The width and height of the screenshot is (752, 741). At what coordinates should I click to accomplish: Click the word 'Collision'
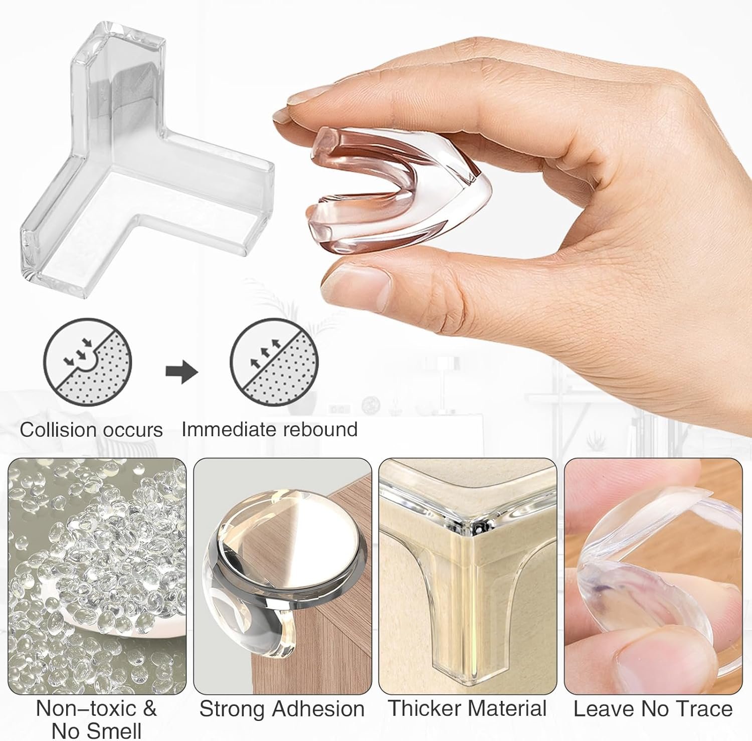click(x=58, y=430)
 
